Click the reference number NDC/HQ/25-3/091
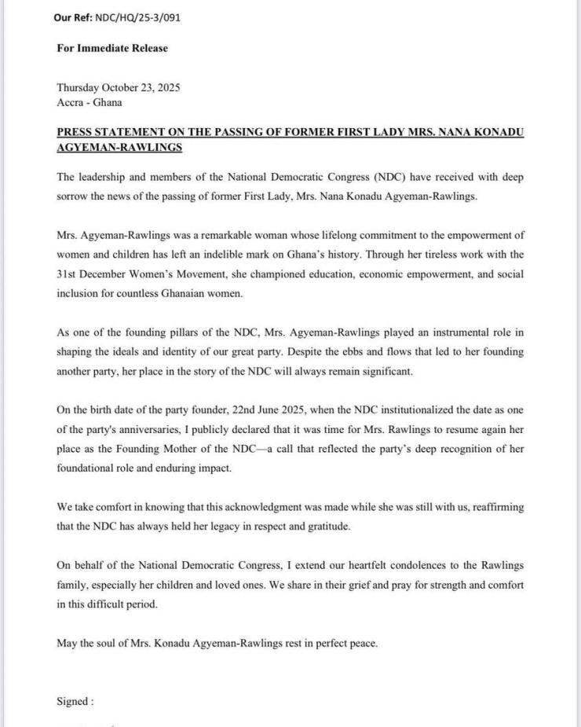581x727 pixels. pyautogui.click(x=137, y=17)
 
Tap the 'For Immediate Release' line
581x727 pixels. pyautogui.click(x=112, y=48)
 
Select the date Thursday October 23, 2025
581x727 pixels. pyautogui.click(x=119, y=88)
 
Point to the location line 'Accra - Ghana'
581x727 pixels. pyautogui.click(x=90, y=102)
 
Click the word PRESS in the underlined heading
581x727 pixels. pyautogui.click(x=75, y=133)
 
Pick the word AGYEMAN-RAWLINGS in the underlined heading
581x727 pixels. pyautogui.click(x=119, y=147)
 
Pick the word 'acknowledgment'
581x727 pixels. pyautogui.click(x=246, y=508)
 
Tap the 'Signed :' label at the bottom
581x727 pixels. pyautogui.click(x=75, y=701)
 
